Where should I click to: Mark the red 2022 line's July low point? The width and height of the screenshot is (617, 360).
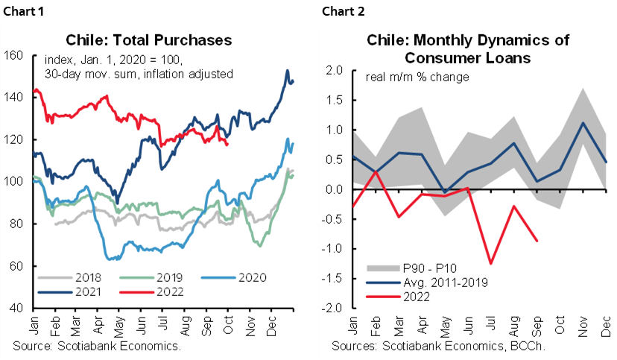(490, 263)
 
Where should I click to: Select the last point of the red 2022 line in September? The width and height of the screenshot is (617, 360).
(537, 240)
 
